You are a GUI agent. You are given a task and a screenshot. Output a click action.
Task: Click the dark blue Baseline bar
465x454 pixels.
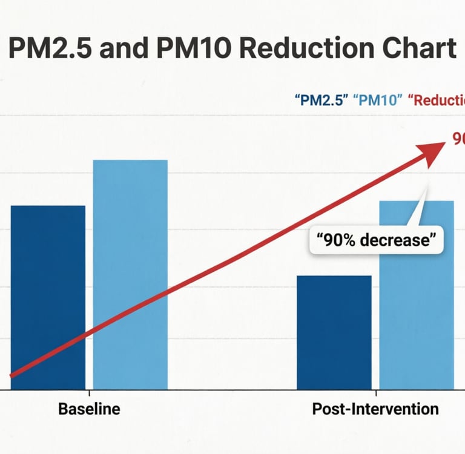click(48, 297)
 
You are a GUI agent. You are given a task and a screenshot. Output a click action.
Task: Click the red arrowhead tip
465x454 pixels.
click(444, 146)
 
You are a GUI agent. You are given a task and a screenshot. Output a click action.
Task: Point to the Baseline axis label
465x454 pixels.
click(89, 409)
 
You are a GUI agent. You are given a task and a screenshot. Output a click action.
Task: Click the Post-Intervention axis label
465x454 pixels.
click(375, 409)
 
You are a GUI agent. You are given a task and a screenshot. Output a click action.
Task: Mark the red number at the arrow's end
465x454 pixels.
click(458, 139)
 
